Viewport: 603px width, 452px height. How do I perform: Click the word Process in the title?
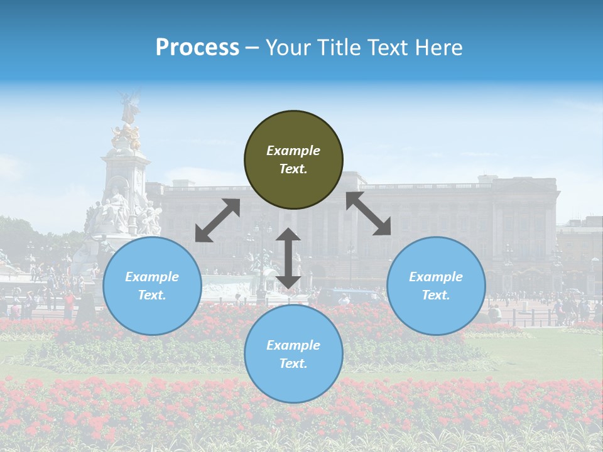point(197,48)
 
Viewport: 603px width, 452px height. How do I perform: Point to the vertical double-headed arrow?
point(288,258)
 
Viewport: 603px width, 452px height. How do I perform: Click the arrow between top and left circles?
point(217,220)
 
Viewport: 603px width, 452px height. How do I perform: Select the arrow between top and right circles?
point(368,213)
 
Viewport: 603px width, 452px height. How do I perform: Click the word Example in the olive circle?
point(293,151)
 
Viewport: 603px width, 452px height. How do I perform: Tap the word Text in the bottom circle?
point(293,363)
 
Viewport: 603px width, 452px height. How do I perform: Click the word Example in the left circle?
point(152,277)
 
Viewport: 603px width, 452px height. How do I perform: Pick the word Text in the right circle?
point(436,295)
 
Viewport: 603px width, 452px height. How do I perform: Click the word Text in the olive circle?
point(293,169)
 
